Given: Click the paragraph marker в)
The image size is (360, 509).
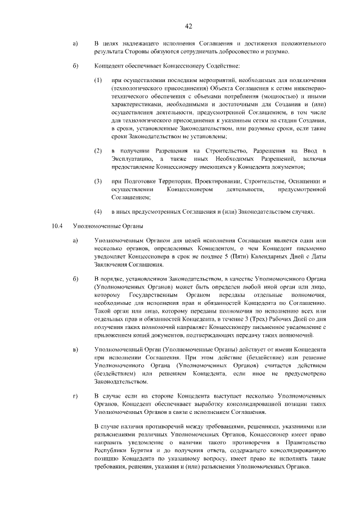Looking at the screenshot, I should click(x=75, y=350).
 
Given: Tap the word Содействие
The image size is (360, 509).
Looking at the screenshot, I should click(x=211, y=66).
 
